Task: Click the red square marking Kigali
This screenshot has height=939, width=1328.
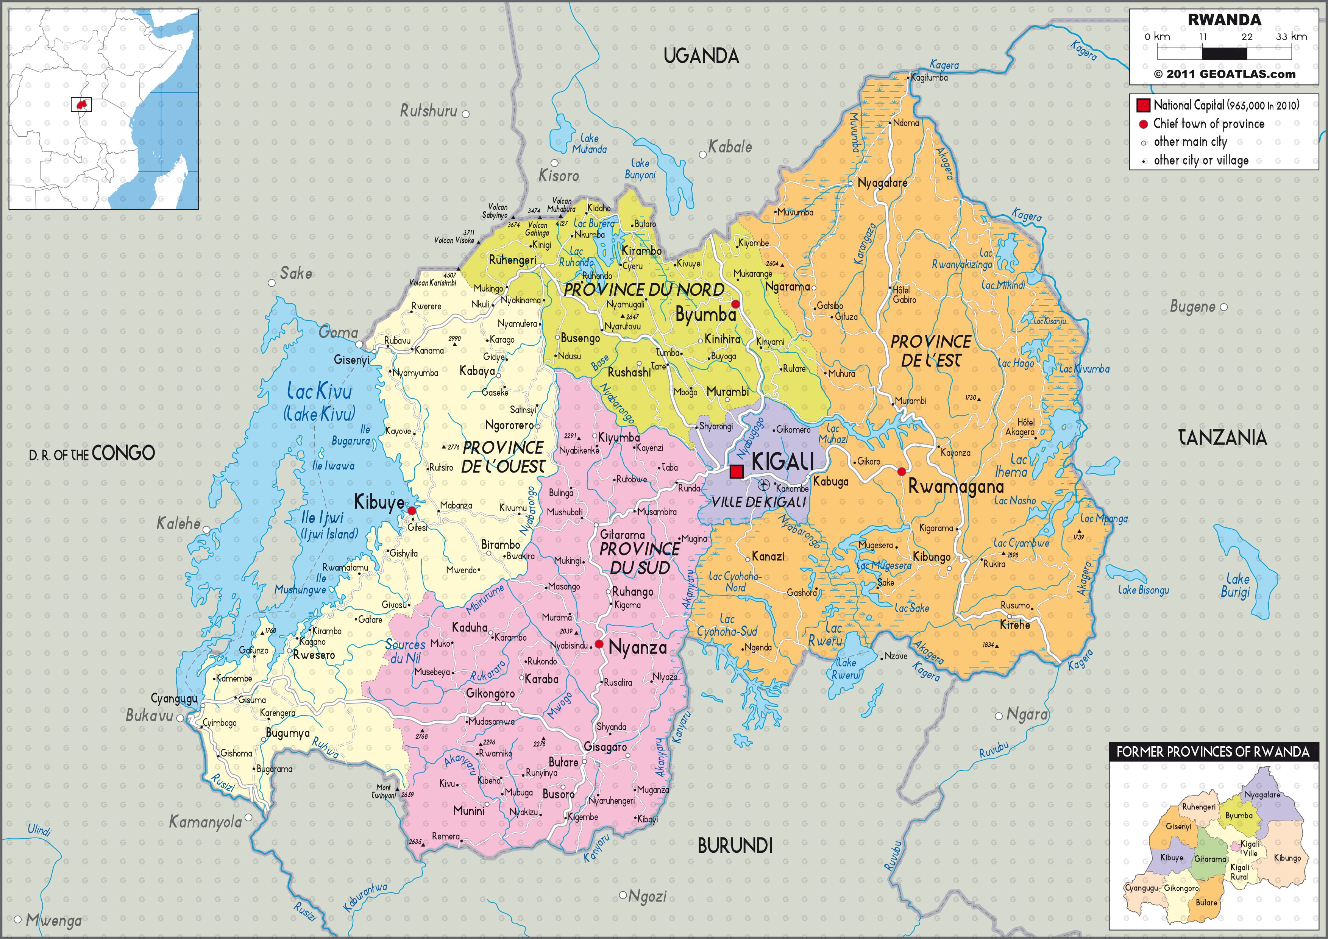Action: tap(736, 472)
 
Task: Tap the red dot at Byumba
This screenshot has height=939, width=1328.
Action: tap(735, 304)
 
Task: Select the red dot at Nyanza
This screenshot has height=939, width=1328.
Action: tap(599, 644)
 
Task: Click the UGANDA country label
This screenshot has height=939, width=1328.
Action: tap(701, 56)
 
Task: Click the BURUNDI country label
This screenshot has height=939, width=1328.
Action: tap(735, 845)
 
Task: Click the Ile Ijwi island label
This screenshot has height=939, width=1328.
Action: tap(322, 518)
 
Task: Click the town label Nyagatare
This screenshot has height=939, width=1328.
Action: tap(882, 183)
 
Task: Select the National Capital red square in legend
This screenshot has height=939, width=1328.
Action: tap(1143, 105)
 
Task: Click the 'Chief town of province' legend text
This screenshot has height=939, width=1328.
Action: tap(1208, 124)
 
